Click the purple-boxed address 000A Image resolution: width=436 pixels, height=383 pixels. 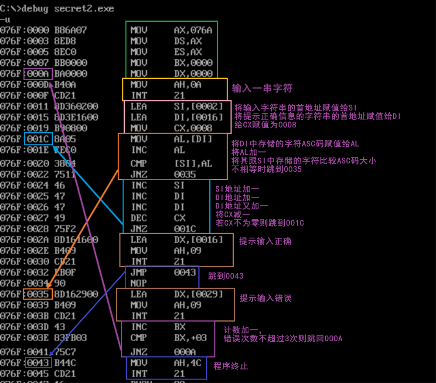[x=38, y=74]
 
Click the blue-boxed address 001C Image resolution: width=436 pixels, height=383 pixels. [x=38, y=139]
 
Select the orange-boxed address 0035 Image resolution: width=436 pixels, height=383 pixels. [x=38, y=294]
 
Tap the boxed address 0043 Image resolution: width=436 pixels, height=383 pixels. [x=38, y=363]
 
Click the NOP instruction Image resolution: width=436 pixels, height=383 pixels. [x=139, y=283]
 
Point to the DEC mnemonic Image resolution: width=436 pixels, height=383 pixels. [x=139, y=218]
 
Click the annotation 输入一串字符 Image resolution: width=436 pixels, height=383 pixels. [x=262, y=88]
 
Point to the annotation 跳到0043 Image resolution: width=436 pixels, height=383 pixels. [x=225, y=276]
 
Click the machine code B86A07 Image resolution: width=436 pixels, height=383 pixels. [x=71, y=30]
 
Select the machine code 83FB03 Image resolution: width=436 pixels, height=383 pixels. [x=71, y=337]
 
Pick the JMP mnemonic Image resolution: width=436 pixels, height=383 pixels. [x=139, y=272]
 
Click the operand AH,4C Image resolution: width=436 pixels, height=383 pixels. [x=188, y=363]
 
